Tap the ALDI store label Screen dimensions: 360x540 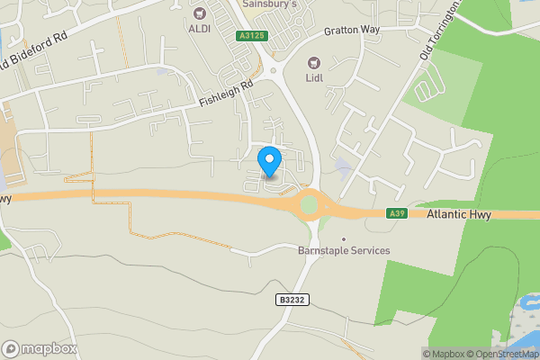point(199,29)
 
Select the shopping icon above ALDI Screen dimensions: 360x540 point(199,13)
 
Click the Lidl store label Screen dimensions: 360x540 point(315,78)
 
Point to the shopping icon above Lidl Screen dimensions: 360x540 point(314,63)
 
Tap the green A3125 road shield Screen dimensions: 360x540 point(252,36)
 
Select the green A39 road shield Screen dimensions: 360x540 point(397,213)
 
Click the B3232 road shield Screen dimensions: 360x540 point(290,299)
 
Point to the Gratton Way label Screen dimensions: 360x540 point(353,31)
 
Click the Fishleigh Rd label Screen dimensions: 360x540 point(227,95)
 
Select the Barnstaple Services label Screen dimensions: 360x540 point(344,251)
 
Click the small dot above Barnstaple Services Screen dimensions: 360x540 point(343,238)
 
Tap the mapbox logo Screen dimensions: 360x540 point(40,348)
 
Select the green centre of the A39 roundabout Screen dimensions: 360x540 point(310,204)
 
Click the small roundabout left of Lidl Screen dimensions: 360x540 point(272,68)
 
